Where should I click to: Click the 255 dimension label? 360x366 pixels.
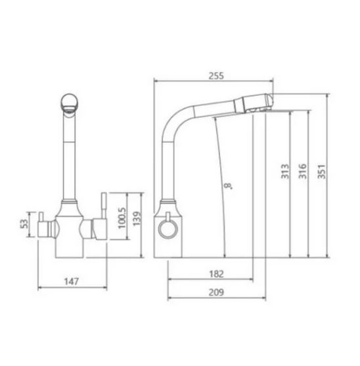pyautogui.click(x=216, y=76)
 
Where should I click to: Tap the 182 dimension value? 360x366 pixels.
pyautogui.click(x=216, y=274)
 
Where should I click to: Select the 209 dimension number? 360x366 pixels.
pyautogui.click(x=216, y=292)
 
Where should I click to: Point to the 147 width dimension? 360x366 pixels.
pyautogui.click(x=72, y=281)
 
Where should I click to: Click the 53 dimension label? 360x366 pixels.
pyautogui.click(x=24, y=224)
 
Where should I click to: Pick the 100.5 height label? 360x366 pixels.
pyautogui.click(x=122, y=218)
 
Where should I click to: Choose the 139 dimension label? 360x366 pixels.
pyautogui.click(x=137, y=218)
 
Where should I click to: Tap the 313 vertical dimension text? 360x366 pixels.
pyautogui.click(x=284, y=172)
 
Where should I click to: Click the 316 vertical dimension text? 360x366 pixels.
pyautogui.click(x=303, y=172)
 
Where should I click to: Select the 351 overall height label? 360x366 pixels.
pyautogui.click(x=321, y=172)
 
